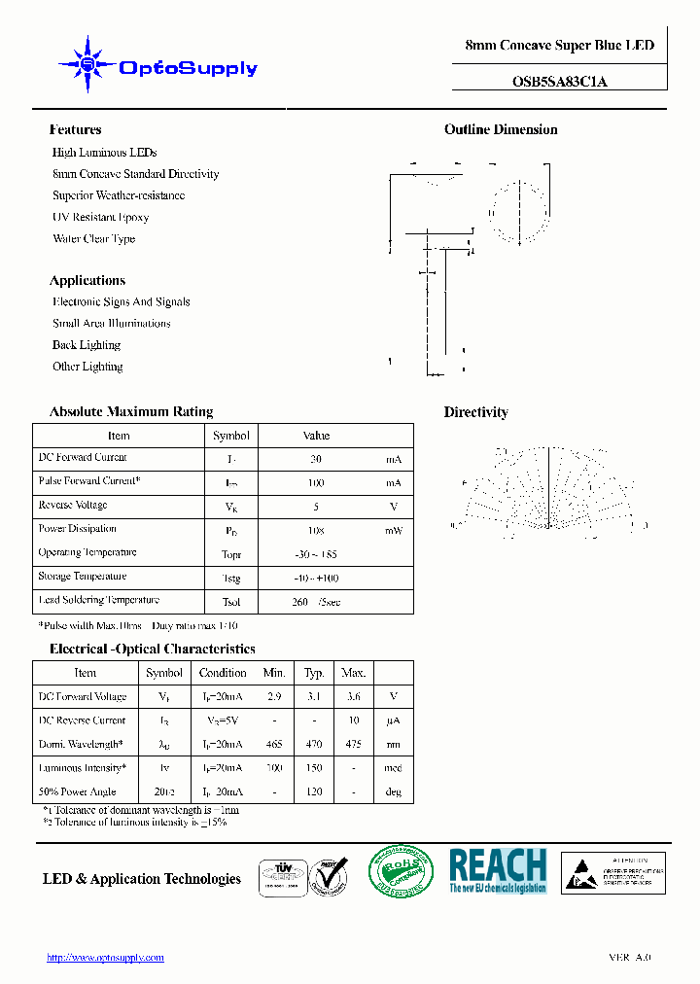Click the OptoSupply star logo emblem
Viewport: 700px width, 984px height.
[87, 64]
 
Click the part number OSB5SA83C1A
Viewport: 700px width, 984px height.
[559, 82]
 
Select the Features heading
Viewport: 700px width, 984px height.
[75, 129]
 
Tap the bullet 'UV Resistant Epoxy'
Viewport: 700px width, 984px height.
[100, 217]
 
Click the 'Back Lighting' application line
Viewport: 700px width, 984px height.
[86, 345]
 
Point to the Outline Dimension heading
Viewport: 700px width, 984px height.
[501, 129]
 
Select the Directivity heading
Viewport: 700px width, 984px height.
[475, 412]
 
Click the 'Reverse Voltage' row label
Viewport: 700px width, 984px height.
[73, 506]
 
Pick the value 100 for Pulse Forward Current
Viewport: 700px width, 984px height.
[316, 483]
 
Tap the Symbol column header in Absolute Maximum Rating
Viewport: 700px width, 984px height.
[231, 436]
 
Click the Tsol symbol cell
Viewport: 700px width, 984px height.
[231, 602]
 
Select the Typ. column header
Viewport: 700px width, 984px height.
[314, 673]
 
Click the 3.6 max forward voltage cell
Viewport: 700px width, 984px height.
[353, 697]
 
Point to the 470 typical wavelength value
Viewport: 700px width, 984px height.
[314, 745]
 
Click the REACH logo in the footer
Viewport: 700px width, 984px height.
[497, 870]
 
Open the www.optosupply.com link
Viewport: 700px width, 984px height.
[106, 958]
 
